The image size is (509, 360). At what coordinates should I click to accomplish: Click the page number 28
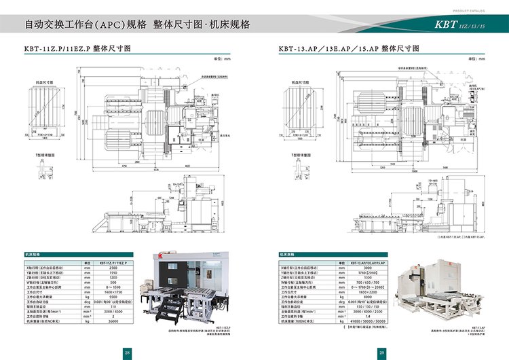tap(127, 351)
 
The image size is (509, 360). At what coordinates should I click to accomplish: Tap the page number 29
tap(382, 351)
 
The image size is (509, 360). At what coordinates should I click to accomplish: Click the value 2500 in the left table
tap(113, 268)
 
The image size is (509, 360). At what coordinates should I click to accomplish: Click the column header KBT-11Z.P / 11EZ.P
tap(113, 263)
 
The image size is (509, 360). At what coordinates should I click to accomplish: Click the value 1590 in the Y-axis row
tap(113, 273)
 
